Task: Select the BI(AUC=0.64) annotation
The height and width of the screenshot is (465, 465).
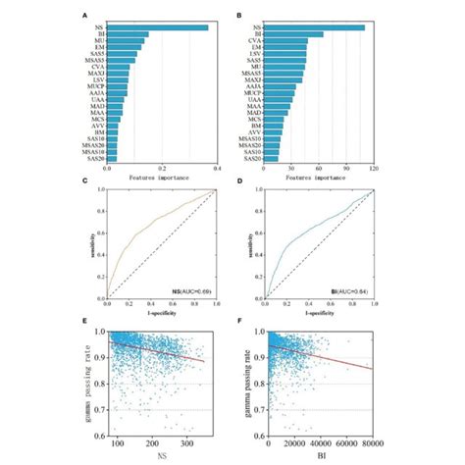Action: pyautogui.click(x=346, y=292)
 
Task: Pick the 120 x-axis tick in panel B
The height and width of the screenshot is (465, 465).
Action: pyautogui.click(x=372, y=169)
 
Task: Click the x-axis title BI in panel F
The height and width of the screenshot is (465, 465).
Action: pyautogui.click(x=317, y=456)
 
